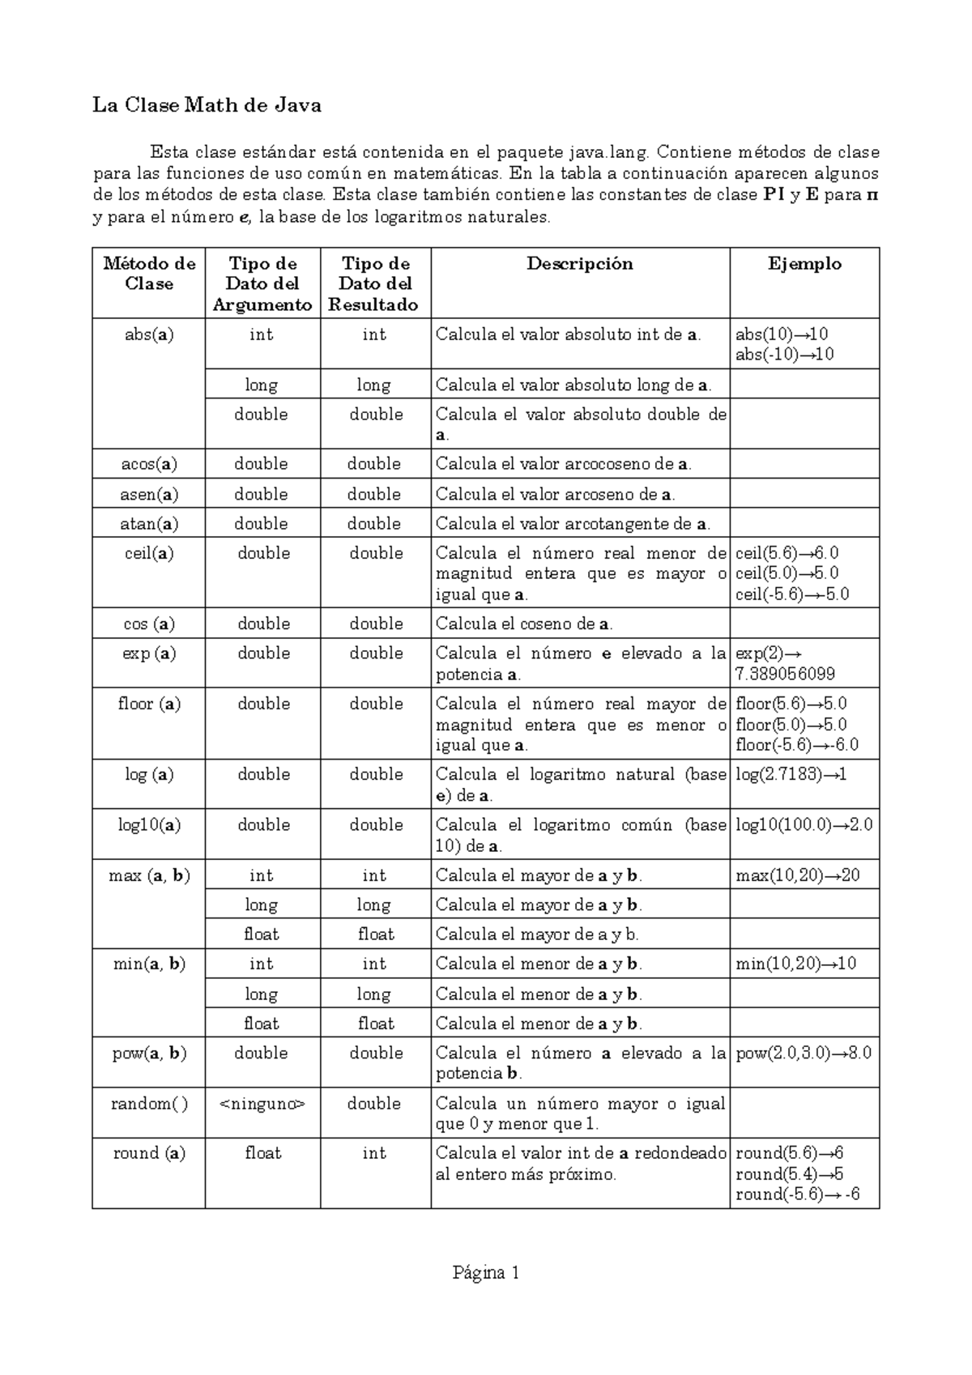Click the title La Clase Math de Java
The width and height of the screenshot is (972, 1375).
pos(207,105)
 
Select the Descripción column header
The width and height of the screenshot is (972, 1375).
pos(579,263)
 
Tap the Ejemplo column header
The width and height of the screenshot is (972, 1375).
pos(804,263)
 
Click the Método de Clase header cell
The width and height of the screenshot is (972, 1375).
pos(149,274)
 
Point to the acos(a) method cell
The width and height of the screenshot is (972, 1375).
pos(149,464)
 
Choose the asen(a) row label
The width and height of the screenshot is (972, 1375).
pos(149,494)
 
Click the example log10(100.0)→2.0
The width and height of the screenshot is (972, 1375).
pos(804,825)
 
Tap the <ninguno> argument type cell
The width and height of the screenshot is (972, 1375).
pos(262,1103)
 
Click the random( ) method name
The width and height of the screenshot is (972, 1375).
pos(149,1103)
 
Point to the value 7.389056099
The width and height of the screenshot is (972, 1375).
pos(785,674)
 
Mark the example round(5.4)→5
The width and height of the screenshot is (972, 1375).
pos(789,1173)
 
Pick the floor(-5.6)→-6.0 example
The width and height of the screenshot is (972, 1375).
pos(796,745)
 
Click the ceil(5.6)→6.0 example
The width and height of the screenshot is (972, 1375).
pos(787,553)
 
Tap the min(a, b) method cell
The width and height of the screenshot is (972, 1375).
pos(149,964)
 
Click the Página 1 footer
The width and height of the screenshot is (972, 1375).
pos(486,1273)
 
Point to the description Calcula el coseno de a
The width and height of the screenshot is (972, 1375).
pos(524,624)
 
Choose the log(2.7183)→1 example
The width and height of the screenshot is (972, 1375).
pos(791,775)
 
